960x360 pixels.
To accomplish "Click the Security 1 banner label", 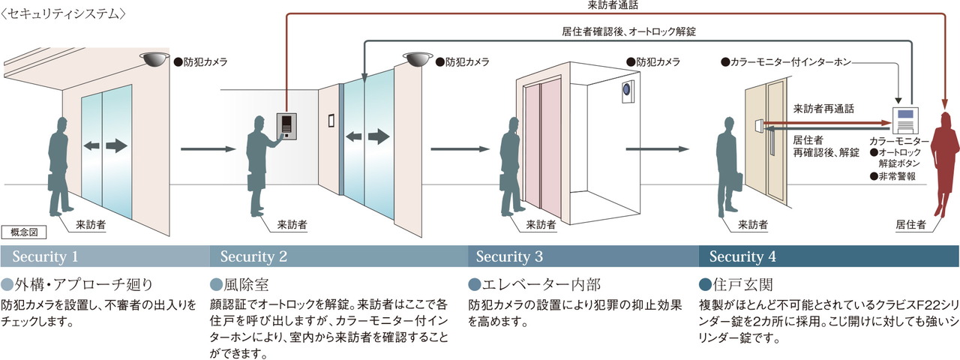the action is tap(45, 256).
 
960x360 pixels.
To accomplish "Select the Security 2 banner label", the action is tap(253, 256).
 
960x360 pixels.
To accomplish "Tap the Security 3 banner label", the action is tap(509, 256).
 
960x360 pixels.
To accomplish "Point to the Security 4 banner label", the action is tap(742, 256).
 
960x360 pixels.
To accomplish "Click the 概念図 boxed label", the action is tap(23, 232).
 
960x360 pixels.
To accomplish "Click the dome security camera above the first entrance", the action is tap(154, 58).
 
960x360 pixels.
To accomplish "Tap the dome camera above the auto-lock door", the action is tap(418, 59).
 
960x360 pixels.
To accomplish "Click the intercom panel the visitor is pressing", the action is tap(286, 126).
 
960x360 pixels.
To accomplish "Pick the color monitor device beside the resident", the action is tap(904, 120).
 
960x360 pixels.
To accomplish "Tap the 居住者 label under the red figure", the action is tap(910, 224).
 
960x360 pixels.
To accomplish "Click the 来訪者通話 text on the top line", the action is tap(613, 5).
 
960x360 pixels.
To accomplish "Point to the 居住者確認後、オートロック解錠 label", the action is tap(628, 31).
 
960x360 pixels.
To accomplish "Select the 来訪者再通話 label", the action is tap(823, 109).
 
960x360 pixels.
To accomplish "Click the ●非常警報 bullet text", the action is tap(892, 176).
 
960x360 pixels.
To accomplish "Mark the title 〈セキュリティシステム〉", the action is tap(64, 14).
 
